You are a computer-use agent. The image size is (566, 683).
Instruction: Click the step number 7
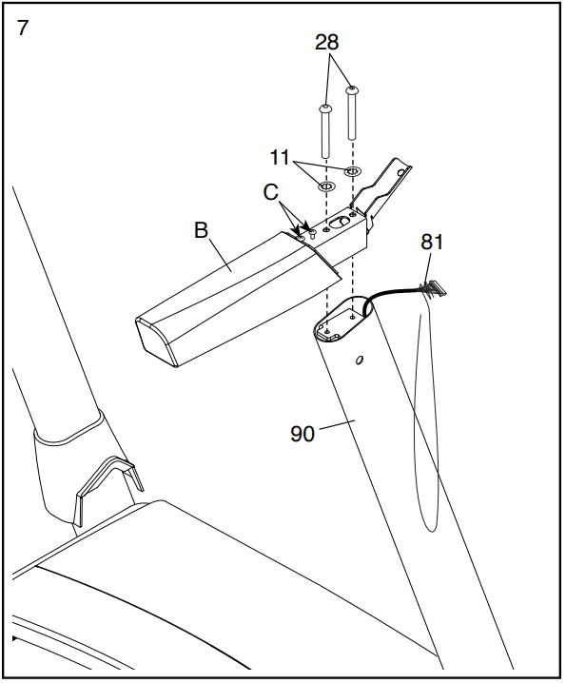point(23,29)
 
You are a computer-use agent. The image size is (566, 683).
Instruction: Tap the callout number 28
point(327,42)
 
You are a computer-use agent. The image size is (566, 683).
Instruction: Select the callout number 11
point(280,157)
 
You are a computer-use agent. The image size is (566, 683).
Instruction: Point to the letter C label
point(270,192)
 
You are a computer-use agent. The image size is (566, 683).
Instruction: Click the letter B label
point(201,230)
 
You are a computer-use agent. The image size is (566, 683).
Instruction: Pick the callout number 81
point(432,242)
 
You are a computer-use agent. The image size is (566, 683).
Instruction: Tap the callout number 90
point(303,434)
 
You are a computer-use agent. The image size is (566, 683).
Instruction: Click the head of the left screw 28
point(325,108)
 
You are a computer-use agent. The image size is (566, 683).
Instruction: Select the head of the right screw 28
point(352,90)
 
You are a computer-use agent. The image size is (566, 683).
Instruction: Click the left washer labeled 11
point(327,186)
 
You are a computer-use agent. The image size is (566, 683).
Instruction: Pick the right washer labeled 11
point(353,171)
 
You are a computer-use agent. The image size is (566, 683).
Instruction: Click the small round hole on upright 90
point(359,361)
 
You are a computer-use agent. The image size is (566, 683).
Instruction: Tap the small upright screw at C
point(312,233)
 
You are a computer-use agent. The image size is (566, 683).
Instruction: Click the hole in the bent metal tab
point(401,172)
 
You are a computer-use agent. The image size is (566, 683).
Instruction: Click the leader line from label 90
point(338,424)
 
